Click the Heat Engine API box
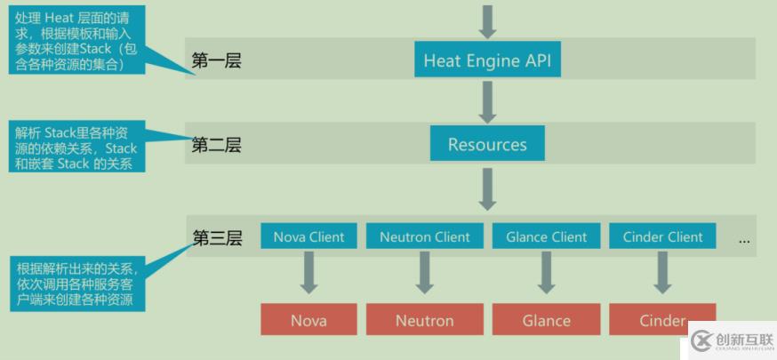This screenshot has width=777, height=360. pos(487,60)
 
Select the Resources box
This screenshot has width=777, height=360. pos(487,144)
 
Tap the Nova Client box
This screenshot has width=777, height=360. pos(308,236)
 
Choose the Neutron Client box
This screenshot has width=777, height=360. pos(425,236)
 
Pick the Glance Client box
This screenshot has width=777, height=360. pos(546,236)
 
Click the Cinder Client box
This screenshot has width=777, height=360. pos(662,236)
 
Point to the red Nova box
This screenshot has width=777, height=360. pos(308,320)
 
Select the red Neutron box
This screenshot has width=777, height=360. pos(425,320)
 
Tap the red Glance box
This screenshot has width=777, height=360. pos(546,320)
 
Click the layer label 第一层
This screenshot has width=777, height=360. pos(216,61)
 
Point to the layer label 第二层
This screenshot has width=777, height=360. pos(216,145)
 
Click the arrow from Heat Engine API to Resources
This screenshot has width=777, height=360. pos(487,101)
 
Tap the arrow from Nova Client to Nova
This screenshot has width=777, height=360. pos(308,272)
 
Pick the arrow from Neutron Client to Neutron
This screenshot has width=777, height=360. pos(425,272)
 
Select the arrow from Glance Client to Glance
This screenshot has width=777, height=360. pos(546,272)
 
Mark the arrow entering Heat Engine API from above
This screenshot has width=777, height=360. pos(487,20)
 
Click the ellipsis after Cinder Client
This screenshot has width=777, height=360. pos(744,239)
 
